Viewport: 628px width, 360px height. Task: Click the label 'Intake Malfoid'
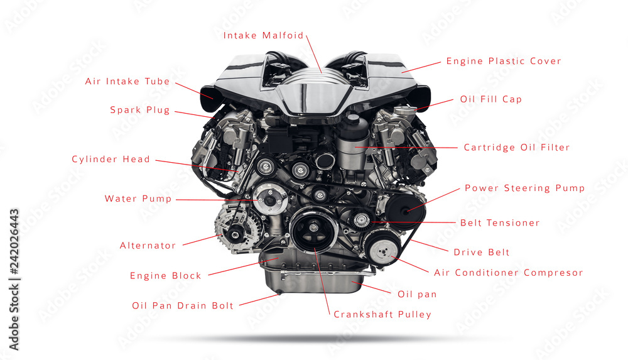263,36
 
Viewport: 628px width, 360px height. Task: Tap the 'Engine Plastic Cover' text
504,62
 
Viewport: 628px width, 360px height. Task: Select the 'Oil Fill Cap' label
490,99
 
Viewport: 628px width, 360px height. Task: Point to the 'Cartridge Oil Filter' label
517,148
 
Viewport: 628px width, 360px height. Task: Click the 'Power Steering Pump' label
524,188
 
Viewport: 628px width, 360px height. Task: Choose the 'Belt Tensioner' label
500,223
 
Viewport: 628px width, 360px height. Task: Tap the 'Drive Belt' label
482,253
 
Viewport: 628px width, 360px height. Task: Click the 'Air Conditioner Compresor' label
509,273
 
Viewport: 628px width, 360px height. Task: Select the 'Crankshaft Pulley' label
382,314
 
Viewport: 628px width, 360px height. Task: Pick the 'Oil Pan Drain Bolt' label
183,306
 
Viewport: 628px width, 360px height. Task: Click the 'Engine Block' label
166,276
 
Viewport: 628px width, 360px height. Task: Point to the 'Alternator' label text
148,246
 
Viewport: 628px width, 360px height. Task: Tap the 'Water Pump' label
138,199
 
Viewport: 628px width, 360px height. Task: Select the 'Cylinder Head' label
111,160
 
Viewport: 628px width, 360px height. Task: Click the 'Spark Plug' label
140,110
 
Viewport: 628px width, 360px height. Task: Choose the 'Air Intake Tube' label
127,82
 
